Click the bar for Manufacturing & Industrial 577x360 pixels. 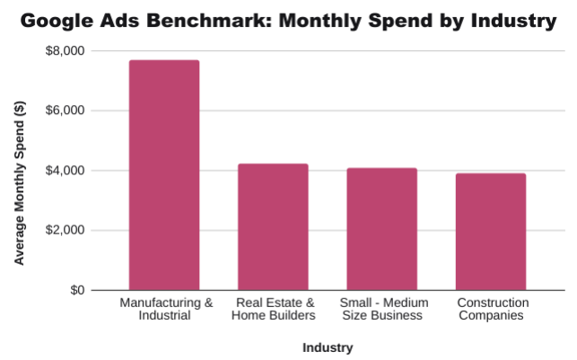click(x=164, y=175)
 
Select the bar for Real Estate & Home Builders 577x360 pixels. click(x=273, y=227)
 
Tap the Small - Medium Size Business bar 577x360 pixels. click(x=382, y=229)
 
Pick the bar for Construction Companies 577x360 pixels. click(x=491, y=232)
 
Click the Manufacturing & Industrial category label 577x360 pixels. click(x=166, y=309)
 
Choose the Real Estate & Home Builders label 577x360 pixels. click(x=273, y=309)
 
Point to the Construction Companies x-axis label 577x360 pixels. click(x=492, y=309)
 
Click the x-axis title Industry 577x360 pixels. click(x=328, y=347)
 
